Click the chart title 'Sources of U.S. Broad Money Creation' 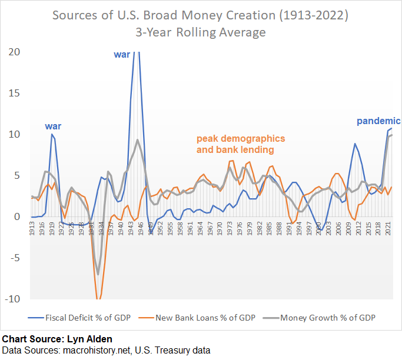click(201, 14)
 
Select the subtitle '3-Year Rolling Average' click(201, 31)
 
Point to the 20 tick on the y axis click(15, 52)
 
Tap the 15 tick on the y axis click(15, 93)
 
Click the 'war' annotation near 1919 click(53, 126)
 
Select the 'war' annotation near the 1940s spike click(122, 55)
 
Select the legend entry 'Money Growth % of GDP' click(328, 318)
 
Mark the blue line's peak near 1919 click(52, 134)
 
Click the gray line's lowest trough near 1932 click(98, 274)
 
